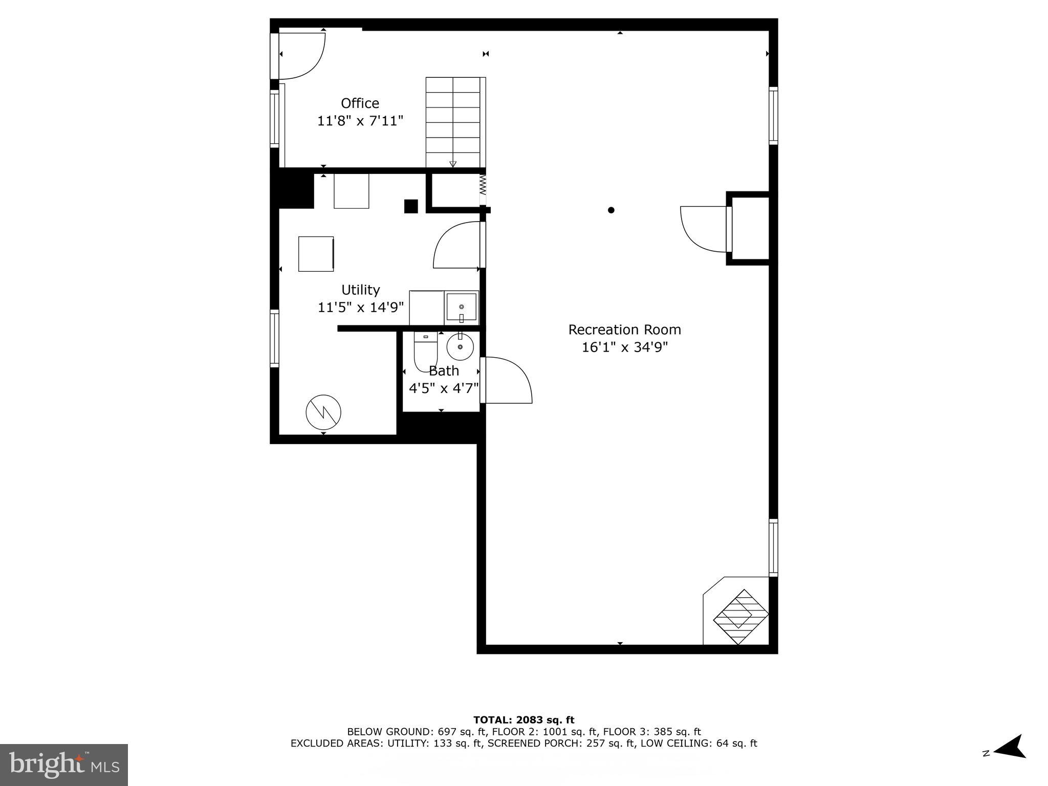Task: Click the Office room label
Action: point(360,103)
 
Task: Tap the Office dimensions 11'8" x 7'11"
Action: point(360,121)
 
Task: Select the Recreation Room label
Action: point(624,330)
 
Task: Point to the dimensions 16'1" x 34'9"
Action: point(624,347)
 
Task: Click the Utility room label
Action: point(360,290)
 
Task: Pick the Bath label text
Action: point(444,370)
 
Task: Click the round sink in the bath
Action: point(460,347)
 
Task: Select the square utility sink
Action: point(461,307)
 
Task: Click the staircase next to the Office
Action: point(453,122)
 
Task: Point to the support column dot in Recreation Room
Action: point(610,210)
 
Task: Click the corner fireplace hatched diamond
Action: point(740,617)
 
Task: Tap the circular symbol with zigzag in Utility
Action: point(323,412)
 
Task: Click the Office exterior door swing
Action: point(302,55)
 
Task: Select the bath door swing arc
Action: point(509,380)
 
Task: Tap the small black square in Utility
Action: point(411,206)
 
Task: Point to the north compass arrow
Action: point(1009,761)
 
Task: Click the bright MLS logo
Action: point(64,765)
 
